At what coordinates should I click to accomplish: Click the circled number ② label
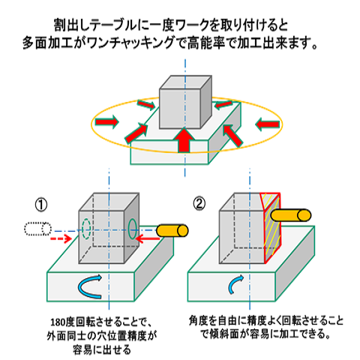point(199,202)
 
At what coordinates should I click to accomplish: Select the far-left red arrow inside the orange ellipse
point(106,121)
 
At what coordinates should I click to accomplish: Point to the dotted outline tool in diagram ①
point(36,228)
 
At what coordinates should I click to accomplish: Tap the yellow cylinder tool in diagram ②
point(290,214)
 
